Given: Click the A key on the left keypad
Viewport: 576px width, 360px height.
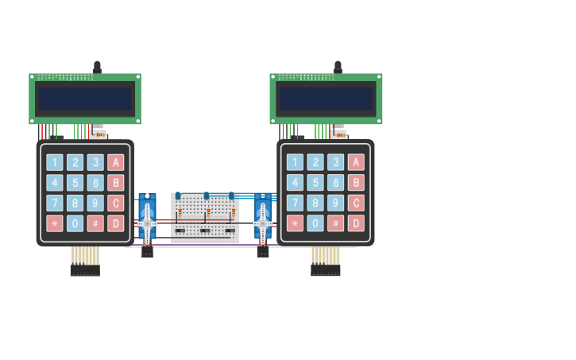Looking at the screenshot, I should [x=116, y=162].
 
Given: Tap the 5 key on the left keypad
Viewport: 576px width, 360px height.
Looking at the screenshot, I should [x=75, y=183].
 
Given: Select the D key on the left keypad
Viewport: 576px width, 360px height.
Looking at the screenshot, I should [x=116, y=223].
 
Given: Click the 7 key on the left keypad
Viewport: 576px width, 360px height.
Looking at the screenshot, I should [x=54, y=203].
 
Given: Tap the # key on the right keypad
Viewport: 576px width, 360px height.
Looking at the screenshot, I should [x=336, y=223].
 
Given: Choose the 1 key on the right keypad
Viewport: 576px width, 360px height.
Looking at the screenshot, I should [x=295, y=162].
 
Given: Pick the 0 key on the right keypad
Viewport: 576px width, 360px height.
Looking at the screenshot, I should [x=315, y=223].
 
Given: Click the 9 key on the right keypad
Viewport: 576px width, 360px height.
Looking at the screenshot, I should [x=336, y=203].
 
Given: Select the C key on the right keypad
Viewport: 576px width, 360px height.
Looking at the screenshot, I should [x=356, y=203].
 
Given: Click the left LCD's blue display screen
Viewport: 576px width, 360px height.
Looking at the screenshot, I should [x=85, y=99].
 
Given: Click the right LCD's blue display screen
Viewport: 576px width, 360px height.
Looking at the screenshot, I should [x=326, y=99].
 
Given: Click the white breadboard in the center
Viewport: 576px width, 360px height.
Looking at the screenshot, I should [x=205, y=218].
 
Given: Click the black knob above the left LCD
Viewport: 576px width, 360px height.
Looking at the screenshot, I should [x=97, y=67].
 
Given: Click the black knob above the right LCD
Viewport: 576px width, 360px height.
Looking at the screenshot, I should [x=338, y=67].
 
